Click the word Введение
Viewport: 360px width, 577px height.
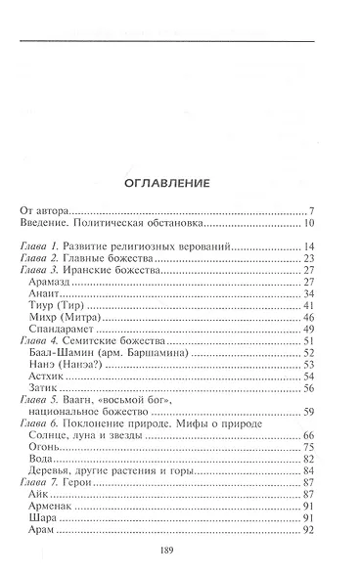[48, 224]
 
